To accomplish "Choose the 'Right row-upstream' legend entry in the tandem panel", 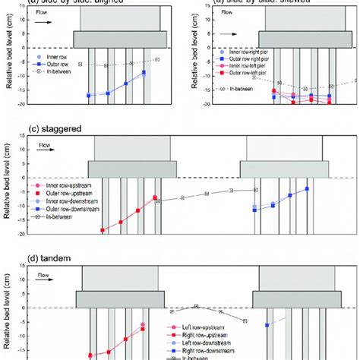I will [198, 333].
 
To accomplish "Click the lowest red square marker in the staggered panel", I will [103, 229].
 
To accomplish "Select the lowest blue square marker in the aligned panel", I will [90, 96].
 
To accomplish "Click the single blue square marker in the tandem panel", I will [267, 324].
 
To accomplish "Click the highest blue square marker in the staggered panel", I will [307, 188].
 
